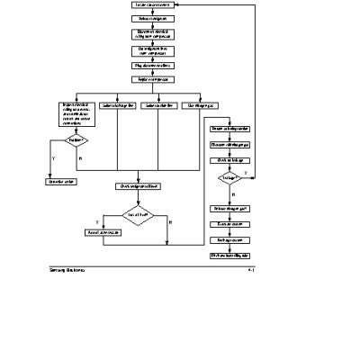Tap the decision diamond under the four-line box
(75, 140)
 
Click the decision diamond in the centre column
(138, 215)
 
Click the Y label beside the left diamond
(54, 157)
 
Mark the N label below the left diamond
(80, 158)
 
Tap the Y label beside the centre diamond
(97, 221)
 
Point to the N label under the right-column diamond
(233, 193)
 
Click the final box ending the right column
(229, 255)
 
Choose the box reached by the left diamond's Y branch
(59, 181)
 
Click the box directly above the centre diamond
(138, 186)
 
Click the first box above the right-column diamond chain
(229, 129)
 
